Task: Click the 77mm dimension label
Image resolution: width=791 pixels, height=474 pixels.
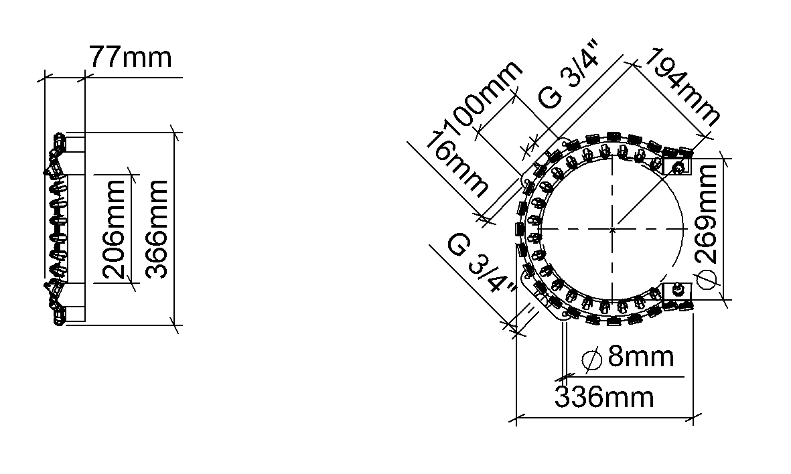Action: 131,58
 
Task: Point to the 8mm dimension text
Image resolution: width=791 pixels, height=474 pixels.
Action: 640,358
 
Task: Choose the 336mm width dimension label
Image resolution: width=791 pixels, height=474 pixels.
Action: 603,398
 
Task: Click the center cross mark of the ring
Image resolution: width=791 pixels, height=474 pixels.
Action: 613,230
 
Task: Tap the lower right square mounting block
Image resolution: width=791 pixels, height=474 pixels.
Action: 676,295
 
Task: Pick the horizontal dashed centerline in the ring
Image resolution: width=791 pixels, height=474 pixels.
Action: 576,230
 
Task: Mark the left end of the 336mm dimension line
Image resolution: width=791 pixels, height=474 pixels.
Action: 517,419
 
